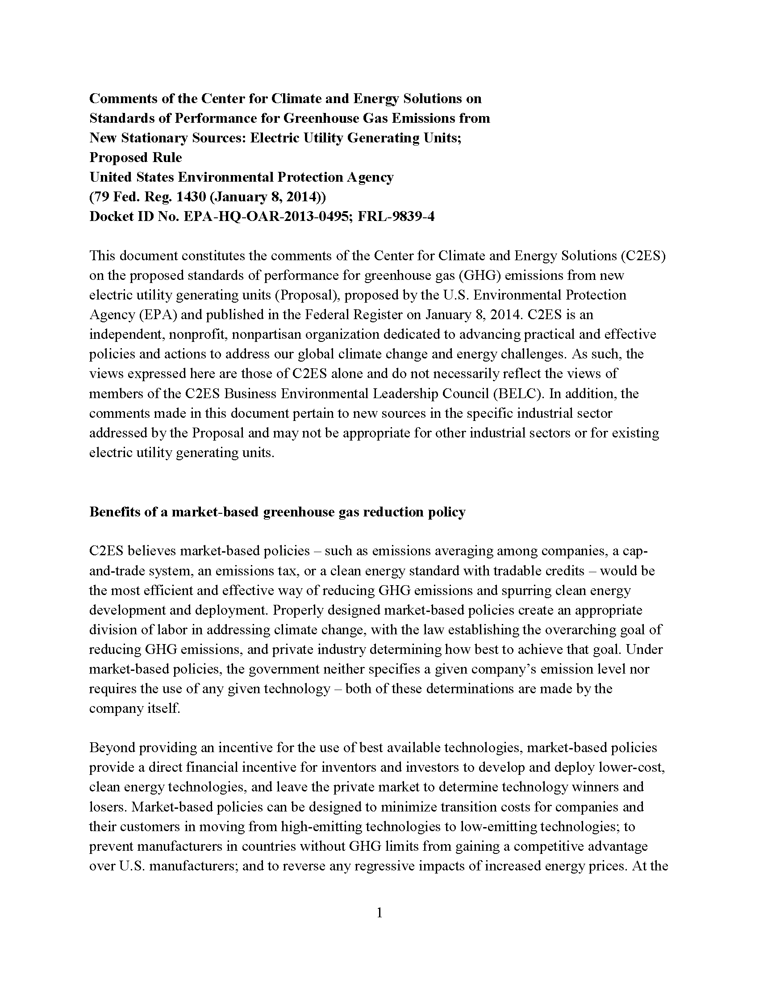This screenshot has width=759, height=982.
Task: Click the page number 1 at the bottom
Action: [x=379, y=913]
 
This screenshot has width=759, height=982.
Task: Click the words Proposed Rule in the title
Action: [x=135, y=158]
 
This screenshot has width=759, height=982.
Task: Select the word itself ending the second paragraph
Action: [x=164, y=709]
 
